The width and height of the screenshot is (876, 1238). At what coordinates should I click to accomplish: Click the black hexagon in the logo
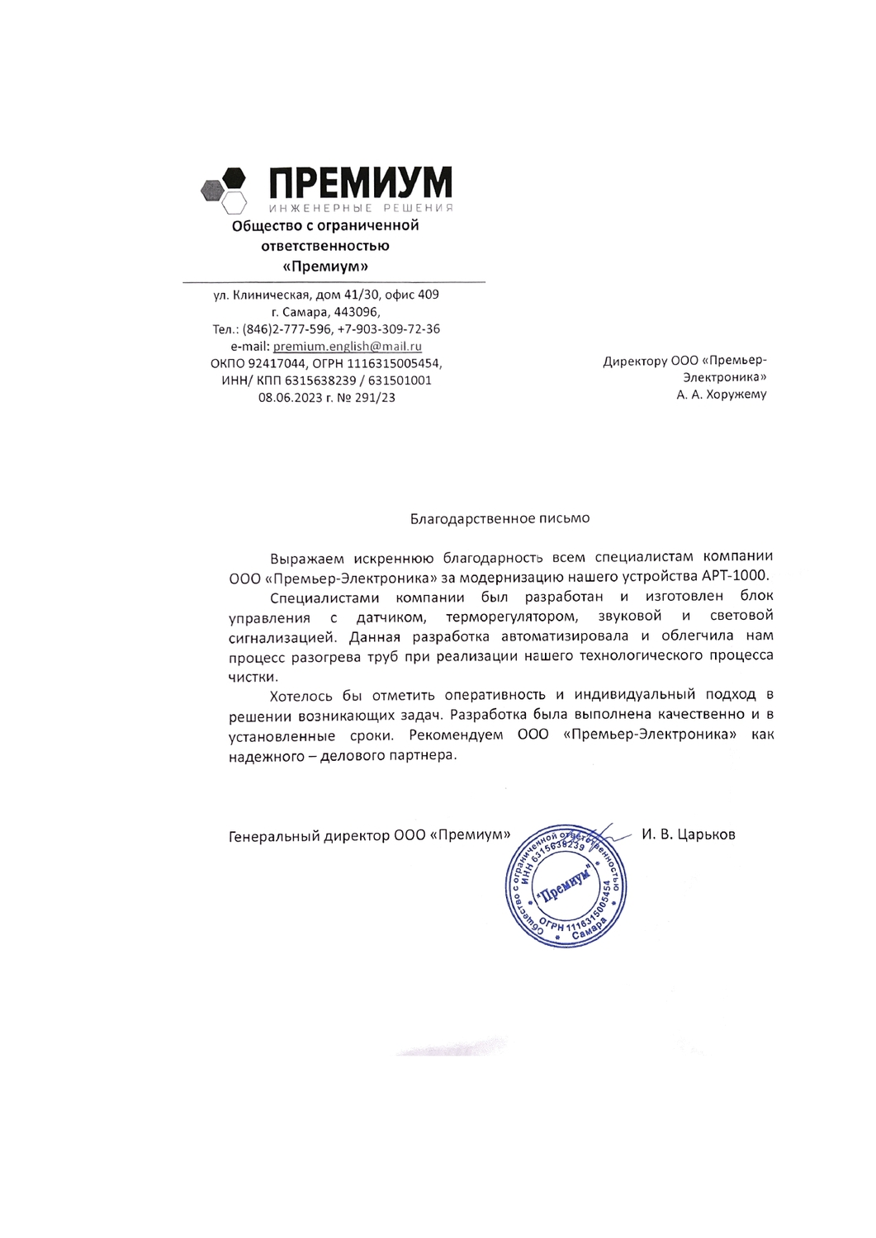coord(234,177)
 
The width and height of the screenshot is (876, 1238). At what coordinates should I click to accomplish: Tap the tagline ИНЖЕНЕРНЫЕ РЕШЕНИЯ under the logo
coord(361,208)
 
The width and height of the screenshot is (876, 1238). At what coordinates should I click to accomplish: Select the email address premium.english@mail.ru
coord(347,347)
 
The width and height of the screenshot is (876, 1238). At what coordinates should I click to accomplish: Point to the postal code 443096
coord(356,312)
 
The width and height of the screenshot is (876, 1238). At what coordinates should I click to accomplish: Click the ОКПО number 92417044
coord(277,364)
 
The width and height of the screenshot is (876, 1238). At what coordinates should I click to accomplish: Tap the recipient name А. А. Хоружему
coord(721,395)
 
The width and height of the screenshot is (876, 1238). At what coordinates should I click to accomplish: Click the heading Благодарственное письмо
coord(500,518)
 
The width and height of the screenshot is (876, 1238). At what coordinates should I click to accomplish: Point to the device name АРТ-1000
coord(735,576)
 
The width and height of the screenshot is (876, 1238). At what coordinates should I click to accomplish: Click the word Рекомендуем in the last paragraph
coord(456,735)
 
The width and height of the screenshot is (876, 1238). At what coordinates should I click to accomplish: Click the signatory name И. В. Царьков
coord(688,834)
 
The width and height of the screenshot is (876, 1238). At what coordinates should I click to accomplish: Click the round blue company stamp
coord(566,886)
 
